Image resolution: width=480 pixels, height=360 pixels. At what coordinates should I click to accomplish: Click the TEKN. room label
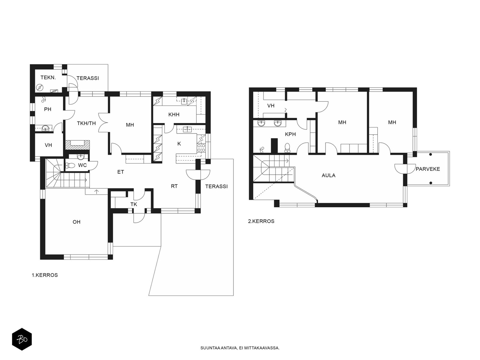pyautogui.click(x=48, y=78)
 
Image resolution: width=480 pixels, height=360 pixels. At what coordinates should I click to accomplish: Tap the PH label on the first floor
pyautogui.click(x=48, y=109)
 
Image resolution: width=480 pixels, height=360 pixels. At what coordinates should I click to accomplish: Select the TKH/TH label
pyautogui.click(x=86, y=124)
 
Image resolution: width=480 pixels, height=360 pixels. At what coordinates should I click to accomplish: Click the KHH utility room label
pyautogui.click(x=174, y=115)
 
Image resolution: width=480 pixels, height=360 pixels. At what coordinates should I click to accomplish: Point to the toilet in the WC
pyautogui.click(x=70, y=166)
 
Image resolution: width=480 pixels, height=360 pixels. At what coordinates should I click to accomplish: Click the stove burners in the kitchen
pyautogui.click(x=201, y=148)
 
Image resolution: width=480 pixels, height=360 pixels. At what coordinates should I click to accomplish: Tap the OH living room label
pyautogui.click(x=76, y=222)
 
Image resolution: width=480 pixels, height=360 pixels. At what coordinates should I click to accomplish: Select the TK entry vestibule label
pyautogui.click(x=133, y=204)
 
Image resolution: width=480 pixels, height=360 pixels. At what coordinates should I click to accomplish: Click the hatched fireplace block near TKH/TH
pyautogui.click(x=77, y=145)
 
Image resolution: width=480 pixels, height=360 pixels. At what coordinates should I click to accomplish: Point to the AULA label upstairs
pyautogui.click(x=328, y=175)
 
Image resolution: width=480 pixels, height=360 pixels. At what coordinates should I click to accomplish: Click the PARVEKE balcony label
pyautogui.click(x=428, y=169)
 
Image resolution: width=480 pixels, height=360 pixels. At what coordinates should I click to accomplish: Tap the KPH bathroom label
pyautogui.click(x=290, y=134)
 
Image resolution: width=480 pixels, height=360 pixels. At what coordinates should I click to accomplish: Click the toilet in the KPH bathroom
pyautogui.click(x=287, y=148)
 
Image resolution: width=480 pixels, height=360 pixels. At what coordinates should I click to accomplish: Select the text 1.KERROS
pyautogui.click(x=45, y=275)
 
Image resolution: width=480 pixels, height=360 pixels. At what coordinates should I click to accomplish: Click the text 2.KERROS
pyautogui.click(x=261, y=221)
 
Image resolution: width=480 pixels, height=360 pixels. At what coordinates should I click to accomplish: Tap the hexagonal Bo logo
pyautogui.click(x=22, y=339)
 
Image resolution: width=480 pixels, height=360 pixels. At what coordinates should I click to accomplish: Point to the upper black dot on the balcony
pyautogui.click(x=430, y=154)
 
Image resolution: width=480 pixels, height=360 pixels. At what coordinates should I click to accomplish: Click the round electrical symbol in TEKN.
pyautogui.click(x=40, y=88)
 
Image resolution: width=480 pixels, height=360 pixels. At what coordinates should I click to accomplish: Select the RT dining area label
pyautogui.click(x=174, y=186)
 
